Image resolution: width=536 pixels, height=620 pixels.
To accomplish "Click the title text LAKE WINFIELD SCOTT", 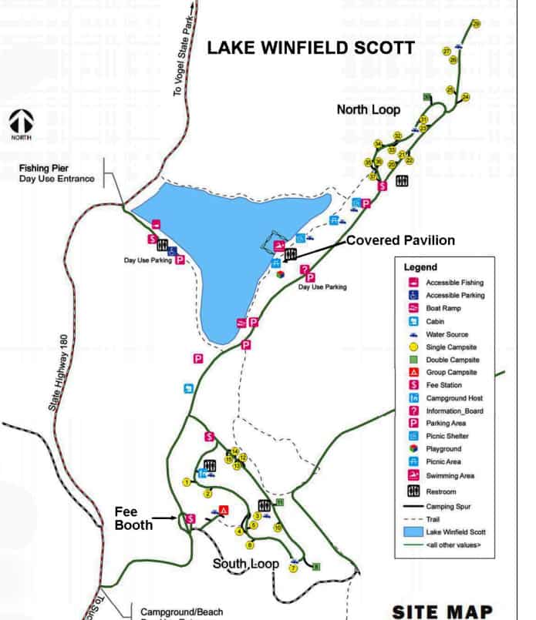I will pyautogui.click(x=310, y=48).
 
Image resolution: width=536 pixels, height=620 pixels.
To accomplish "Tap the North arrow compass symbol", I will pyautogui.click(x=21, y=122).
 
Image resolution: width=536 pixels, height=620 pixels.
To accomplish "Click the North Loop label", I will pyautogui.click(x=368, y=110).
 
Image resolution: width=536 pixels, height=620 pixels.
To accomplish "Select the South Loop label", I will pyautogui.click(x=245, y=565).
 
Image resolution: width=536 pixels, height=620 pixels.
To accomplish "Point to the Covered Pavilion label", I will pyautogui.click(x=400, y=240).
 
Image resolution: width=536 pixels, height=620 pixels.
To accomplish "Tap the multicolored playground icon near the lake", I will pyautogui.click(x=281, y=273).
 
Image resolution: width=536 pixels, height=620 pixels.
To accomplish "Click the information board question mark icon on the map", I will pyautogui.click(x=305, y=270).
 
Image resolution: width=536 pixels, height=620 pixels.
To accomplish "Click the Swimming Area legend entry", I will pyautogui.click(x=451, y=475).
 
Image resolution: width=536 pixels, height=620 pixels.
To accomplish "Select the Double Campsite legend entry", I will pyautogui.click(x=453, y=360).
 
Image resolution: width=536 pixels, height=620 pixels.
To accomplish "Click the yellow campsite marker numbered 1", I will pyautogui.click(x=187, y=482).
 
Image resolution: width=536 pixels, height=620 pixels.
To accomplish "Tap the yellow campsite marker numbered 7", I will pyautogui.click(x=293, y=568).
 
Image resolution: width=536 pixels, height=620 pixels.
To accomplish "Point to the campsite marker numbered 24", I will pyautogui.click(x=466, y=97).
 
